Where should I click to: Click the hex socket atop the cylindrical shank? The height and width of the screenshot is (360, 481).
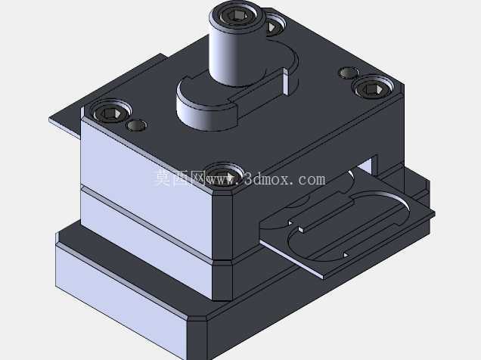coord(236,14)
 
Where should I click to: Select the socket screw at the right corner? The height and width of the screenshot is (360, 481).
coord(372,88)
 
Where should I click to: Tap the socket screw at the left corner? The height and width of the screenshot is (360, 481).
coord(111,113)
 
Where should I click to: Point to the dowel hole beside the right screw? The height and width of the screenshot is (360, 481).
coord(349,73)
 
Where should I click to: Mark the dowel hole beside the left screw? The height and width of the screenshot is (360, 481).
coord(136,125)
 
